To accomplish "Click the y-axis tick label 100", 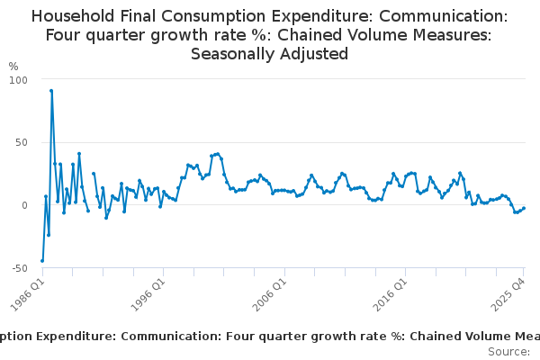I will coord(19,79).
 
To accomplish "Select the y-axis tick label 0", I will coord(25,205).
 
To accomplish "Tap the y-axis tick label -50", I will coord(19,268).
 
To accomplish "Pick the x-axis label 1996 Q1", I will coord(150,294).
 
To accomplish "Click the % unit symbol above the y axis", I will coord(13,67).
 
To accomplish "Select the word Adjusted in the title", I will coord(316,53).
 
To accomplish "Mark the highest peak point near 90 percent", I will coord(51,91).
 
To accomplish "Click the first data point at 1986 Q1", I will coord(42,261).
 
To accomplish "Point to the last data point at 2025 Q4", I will coord(524,208).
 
